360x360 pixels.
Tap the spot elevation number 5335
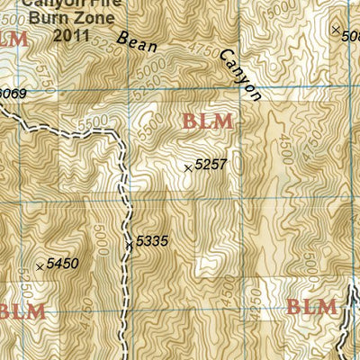point(151,241)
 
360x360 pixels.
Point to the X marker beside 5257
point(188,167)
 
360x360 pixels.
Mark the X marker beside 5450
point(39,266)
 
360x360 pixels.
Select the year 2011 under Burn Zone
point(72,36)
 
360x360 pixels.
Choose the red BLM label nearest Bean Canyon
point(207,121)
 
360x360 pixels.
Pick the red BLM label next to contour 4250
point(311,308)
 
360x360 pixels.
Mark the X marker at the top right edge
point(336,31)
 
